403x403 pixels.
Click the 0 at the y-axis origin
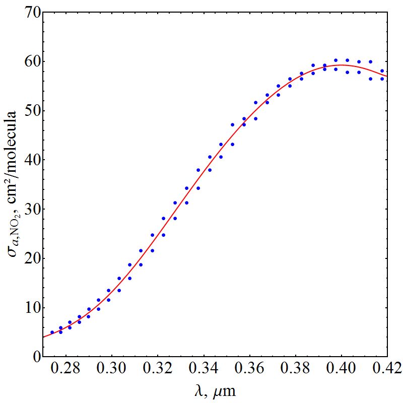click(34, 357)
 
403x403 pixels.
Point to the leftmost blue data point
click(52, 332)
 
